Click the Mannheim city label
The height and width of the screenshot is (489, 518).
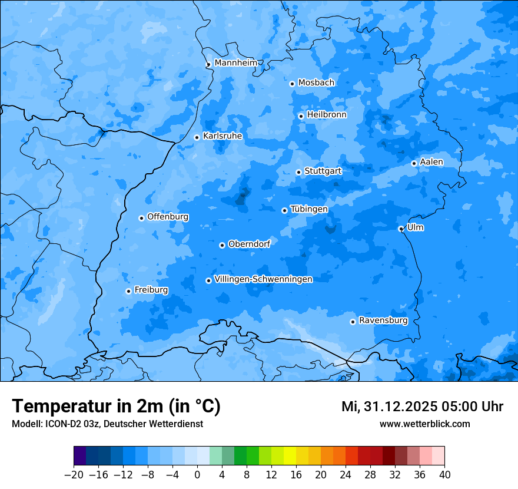(x=235, y=63)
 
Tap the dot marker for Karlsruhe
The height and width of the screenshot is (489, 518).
(x=197, y=137)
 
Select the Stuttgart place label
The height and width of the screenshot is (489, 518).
(x=323, y=171)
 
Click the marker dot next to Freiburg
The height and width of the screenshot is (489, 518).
(x=128, y=291)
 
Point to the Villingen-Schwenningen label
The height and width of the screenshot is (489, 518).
(x=263, y=279)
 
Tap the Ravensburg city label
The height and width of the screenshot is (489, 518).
(x=383, y=321)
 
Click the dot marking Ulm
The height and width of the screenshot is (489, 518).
(x=401, y=229)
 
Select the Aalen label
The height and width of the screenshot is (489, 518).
(x=431, y=162)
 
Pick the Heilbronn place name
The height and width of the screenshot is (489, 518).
(x=327, y=115)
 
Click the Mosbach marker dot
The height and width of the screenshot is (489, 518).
(x=292, y=84)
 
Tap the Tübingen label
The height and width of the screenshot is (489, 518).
(x=309, y=209)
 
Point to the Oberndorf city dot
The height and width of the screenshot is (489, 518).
(x=222, y=245)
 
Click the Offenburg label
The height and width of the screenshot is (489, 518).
(x=168, y=217)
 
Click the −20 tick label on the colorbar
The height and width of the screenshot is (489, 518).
(x=74, y=474)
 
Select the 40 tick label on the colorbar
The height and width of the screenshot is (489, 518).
(x=444, y=474)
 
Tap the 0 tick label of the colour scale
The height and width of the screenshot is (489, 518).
(x=197, y=474)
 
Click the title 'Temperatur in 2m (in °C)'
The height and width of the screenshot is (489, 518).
(x=116, y=407)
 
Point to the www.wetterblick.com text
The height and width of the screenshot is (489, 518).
(x=424, y=424)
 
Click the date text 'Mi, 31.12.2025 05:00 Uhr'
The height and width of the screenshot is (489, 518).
(x=422, y=407)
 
